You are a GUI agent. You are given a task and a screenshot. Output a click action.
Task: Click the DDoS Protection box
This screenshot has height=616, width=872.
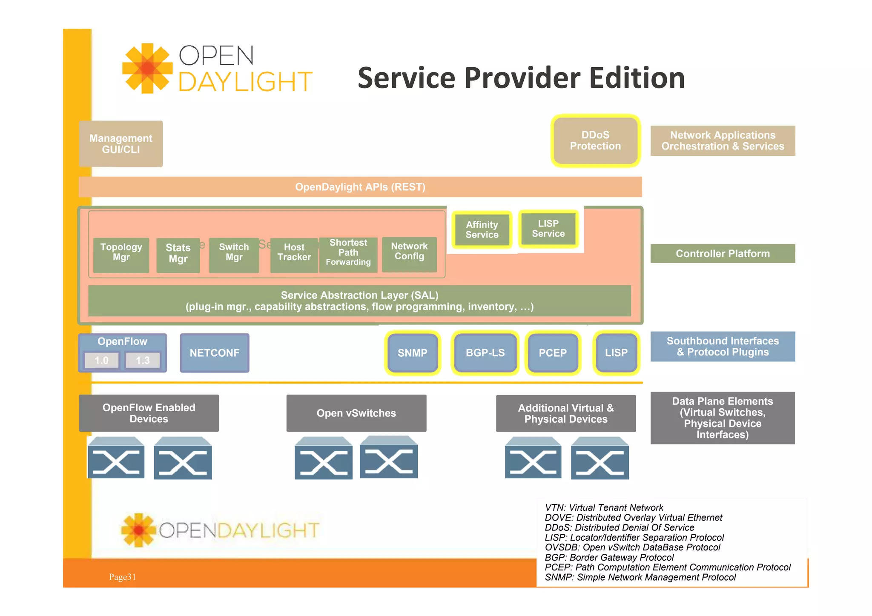(595, 140)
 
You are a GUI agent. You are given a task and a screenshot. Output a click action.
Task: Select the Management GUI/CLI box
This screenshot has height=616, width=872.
(120, 144)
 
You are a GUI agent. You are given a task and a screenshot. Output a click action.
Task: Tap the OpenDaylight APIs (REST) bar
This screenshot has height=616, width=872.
(360, 187)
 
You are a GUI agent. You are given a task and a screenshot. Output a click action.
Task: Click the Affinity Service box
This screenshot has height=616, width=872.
(482, 230)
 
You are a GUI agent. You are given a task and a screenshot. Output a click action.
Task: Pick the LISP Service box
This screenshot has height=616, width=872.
(548, 229)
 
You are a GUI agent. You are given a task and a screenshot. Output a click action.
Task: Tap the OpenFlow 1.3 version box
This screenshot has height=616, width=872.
(143, 361)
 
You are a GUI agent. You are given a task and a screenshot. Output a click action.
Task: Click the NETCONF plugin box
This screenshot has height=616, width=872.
(215, 353)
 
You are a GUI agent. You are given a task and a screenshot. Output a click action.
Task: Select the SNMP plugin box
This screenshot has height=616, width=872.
(412, 353)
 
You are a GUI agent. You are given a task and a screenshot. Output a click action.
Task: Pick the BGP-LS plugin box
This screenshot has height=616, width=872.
(485, 353)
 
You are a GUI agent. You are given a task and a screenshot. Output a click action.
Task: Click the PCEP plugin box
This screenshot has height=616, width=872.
(553, 353)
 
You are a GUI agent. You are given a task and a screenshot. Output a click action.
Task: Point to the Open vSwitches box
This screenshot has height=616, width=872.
(356, 413)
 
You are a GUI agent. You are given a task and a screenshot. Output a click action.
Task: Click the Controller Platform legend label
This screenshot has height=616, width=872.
(723, 254)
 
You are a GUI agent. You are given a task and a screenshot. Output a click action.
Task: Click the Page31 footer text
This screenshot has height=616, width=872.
(122, 577)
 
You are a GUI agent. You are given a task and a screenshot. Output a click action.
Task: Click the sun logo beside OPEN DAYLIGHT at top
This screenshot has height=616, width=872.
(147, 68)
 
